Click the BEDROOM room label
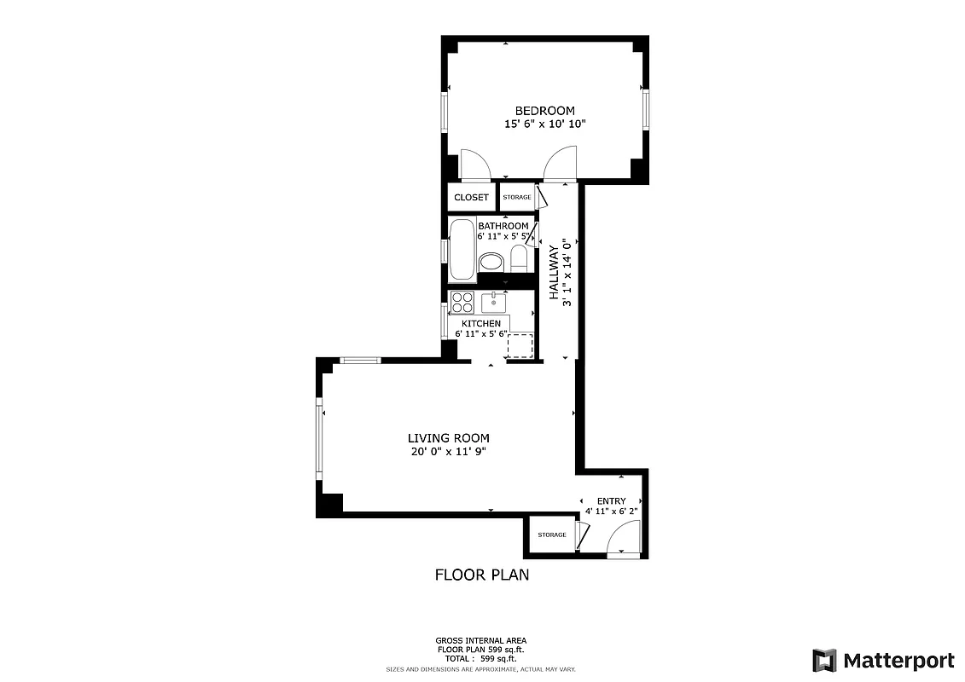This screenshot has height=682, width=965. (x=544, y=111)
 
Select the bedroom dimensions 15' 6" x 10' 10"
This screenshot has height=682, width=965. (x=544, y=124)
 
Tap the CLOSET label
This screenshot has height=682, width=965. (x=471, y=198)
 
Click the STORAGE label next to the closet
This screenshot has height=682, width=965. (x=516, y=198)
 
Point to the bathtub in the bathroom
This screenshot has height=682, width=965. (x=462, y=250)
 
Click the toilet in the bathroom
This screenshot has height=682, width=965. (x=519, y=258)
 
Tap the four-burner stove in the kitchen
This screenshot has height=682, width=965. (x=462, y=302)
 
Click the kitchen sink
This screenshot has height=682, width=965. (x=493, y=302)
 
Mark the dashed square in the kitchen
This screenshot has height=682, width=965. (x=520, y=346)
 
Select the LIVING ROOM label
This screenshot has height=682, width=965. (x=448, y=438)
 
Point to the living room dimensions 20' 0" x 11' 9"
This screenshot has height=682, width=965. (x=448, y=453)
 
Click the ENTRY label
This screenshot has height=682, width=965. (x=611, y=501)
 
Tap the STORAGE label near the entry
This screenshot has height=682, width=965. (x=551, y=535)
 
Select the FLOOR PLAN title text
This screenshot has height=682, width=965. (x=482, y=575)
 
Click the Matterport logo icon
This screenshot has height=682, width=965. (x=824, y=660)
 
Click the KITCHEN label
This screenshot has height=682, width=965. (x=481, y=324)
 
